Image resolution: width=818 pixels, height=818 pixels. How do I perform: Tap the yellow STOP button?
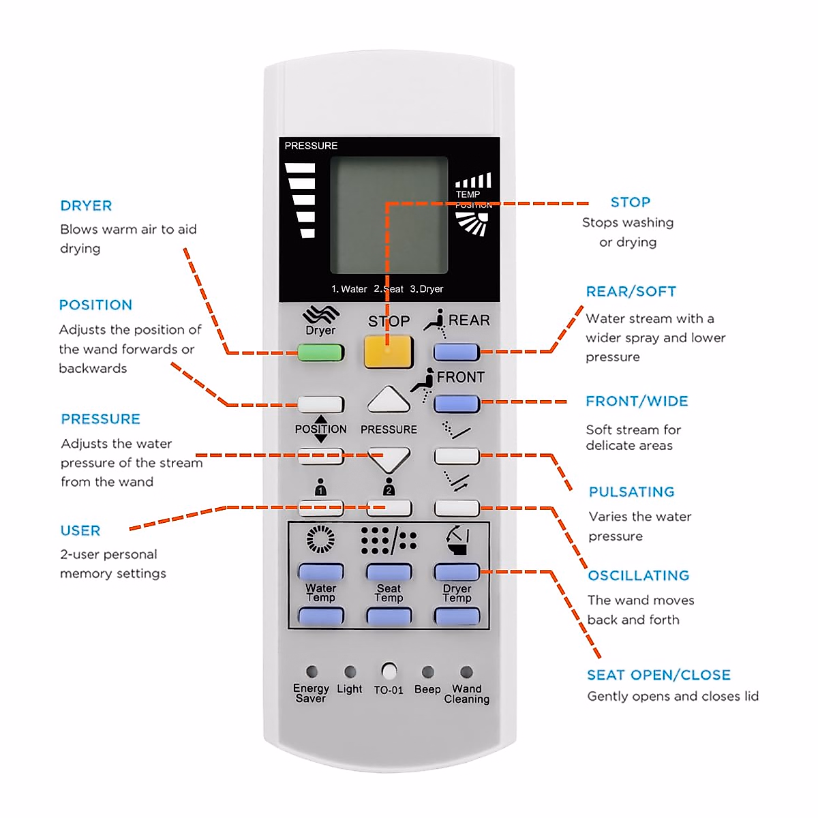(x=389, y=352)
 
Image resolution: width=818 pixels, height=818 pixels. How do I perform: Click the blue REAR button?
(x=456, y=352)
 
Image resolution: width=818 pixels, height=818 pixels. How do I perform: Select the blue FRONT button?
(x=456, y=404)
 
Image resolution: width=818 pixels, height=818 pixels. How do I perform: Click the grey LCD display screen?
(x=389, y=215)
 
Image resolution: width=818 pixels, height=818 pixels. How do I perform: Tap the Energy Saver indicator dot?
(x=312, y=671)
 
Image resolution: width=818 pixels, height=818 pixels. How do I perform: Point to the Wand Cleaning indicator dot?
(x=466, y=671)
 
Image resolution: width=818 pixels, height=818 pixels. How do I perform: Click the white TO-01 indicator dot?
(x=389, y=671)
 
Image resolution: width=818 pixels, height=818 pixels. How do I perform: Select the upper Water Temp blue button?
(x=320, y=571)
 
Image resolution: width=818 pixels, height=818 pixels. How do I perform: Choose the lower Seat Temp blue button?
(x=389, y=617)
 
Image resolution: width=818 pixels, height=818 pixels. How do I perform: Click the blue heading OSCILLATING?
(x=639, y=575)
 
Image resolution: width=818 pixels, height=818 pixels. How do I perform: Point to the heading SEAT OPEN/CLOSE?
(x=658, y=675)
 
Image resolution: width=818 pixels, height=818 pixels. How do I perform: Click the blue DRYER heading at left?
(x=86, y=206)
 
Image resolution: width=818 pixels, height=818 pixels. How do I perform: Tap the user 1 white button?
(x=320, y=507)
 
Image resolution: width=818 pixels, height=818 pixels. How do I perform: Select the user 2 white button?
(x=389, y=507)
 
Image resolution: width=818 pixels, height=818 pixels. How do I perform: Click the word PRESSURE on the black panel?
(x=311, y=146)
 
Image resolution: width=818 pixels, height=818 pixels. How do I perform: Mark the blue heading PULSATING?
(x=631, y=492)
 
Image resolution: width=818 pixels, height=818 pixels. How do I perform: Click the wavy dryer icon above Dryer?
(x=320, y=314)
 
